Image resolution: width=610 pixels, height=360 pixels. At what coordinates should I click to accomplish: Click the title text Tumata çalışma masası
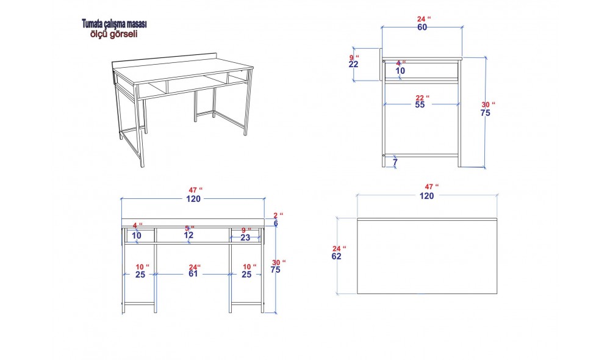(x=114, y=24)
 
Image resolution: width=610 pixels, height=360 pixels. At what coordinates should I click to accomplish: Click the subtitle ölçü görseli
(x=113, y=34)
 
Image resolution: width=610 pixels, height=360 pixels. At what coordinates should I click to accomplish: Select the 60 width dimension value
(x=422, y=27)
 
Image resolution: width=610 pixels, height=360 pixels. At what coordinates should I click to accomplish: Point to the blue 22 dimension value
(x=353, y=65)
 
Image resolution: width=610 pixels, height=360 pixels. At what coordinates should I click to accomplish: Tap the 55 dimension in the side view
(x=420, y=105)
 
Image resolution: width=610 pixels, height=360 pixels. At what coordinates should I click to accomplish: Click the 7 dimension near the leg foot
(x=395, y=162)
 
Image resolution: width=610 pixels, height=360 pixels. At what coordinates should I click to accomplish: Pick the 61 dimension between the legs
(x=193, y=274)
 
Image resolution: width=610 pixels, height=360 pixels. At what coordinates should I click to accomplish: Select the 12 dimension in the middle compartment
(x=188, y=236)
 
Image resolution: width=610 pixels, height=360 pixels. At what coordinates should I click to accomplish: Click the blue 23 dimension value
(x=245, y=238)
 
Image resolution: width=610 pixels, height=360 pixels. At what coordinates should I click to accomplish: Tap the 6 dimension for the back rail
(x=276, y=223)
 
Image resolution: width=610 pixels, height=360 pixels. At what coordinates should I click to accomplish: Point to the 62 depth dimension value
(x=337, y=256)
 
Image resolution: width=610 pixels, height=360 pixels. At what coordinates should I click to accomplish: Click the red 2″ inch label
(x=278, y=215)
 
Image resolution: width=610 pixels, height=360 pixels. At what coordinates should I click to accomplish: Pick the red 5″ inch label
(x=190, y=228)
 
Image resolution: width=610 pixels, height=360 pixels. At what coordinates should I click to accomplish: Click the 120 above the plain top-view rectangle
(x=427, y=196)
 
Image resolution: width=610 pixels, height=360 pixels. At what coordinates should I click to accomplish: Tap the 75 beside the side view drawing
(x=485, y=113)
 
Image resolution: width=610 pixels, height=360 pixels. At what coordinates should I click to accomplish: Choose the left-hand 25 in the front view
(x=140, y=275)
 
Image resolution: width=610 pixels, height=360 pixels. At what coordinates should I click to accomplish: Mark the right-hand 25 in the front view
(x=246, y=275)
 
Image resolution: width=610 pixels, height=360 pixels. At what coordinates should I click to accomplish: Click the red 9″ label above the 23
(x=246, y=231)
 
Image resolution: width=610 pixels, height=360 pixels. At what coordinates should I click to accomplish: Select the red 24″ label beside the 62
(x=339, y=249)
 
